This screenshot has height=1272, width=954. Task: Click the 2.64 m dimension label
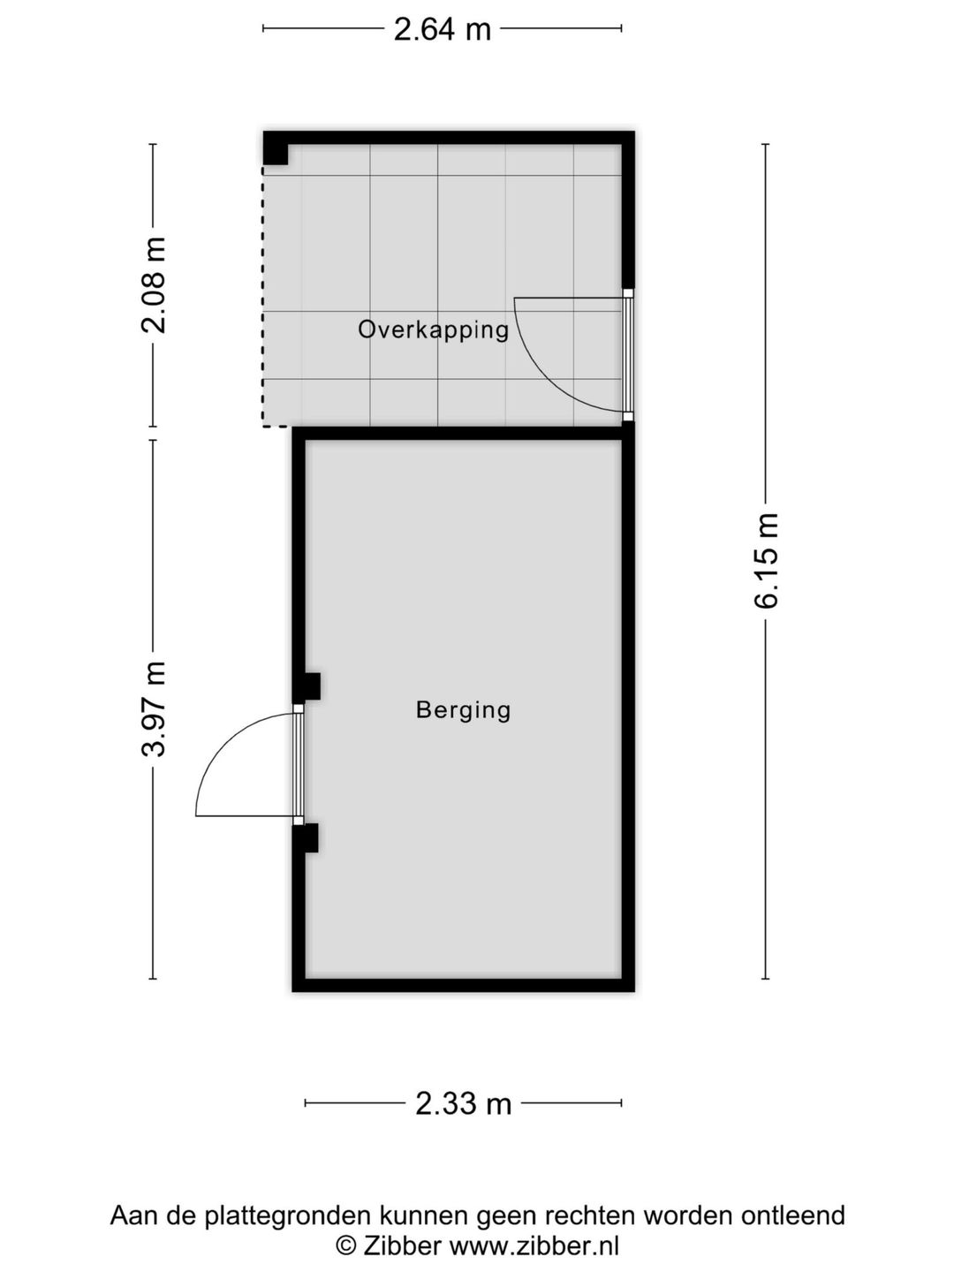click(x=442, y=29)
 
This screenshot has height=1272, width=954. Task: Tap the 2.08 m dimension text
click(x=155, y=285)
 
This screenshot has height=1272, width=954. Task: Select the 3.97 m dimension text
click(x=155, y=708)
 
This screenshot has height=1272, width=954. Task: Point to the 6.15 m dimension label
click(x=767, y=560)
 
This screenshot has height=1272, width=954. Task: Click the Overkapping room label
click(x=433, y=330)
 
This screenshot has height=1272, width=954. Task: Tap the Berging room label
click(x=463, y=710)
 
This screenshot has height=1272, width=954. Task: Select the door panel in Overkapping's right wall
click(x=628, y=354)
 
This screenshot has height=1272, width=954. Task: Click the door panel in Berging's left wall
click(x=298, y=764)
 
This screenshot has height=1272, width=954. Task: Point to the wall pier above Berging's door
click(x=307, y=686)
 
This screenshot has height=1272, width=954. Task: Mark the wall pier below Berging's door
click(x=306, y=838)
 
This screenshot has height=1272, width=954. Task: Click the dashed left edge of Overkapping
click(x=262, y=297)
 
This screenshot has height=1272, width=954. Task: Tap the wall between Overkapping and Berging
click(x=464, y=434)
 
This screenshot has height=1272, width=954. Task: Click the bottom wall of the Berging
click(x=464, y=985)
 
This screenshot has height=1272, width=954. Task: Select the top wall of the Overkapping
click(x=449, y=137)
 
